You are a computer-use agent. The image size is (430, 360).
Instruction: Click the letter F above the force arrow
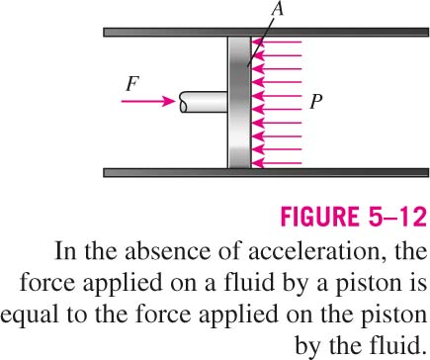132,84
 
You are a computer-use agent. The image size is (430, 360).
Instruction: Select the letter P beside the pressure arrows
315,102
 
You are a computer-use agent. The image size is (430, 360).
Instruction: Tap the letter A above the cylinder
278,9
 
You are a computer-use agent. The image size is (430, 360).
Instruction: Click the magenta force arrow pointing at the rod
148,101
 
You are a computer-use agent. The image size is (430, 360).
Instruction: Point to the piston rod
204,102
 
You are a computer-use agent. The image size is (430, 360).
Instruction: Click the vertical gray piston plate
239,102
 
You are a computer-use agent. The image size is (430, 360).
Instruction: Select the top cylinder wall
266,32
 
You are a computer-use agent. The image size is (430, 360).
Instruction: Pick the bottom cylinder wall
266,172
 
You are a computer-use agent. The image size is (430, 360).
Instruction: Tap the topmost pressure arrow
277,43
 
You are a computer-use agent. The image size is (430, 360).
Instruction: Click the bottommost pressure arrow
277,163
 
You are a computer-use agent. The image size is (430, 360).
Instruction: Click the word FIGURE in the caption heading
319,217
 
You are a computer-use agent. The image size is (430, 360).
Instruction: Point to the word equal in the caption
29,316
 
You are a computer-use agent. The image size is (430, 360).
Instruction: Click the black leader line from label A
261,42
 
